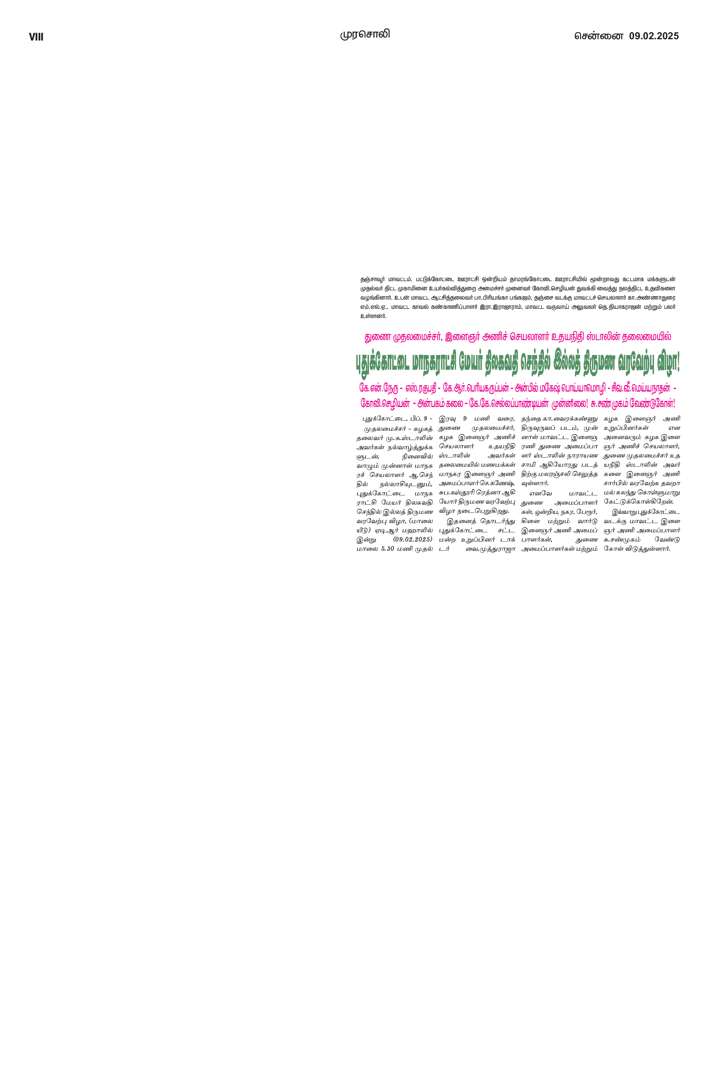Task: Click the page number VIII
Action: (x=36, y=37)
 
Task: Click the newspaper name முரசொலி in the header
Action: (x=365, y=34)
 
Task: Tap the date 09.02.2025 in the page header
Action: (x=654, y=36)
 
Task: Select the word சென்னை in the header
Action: (x=599, y=36)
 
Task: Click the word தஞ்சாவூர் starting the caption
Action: (x=373, y=279)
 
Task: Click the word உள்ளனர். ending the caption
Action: (x=373, y=316)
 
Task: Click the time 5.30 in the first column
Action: (x=387, y=548)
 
